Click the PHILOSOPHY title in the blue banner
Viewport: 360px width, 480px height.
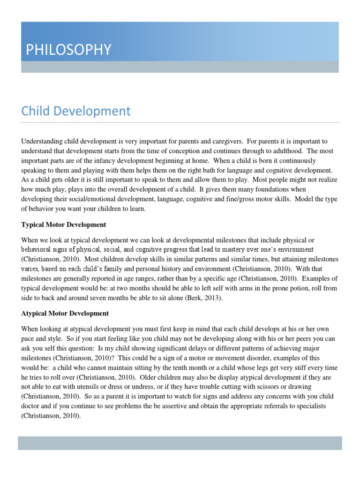66,49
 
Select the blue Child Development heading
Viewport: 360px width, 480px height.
76,111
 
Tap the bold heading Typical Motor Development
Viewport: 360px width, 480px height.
63,225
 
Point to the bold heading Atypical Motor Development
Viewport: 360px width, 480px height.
65,313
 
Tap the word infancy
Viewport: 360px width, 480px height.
109,161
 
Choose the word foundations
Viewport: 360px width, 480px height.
284,189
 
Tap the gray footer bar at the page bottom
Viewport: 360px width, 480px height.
180,443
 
